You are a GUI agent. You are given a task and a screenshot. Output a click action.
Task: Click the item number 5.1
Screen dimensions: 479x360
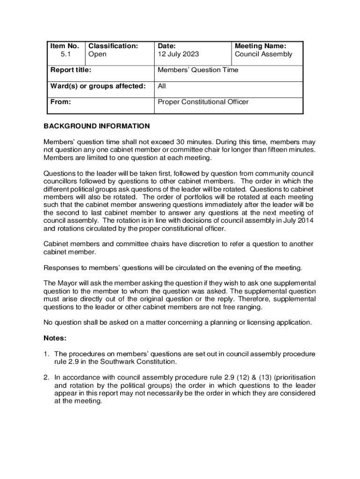point(65,54)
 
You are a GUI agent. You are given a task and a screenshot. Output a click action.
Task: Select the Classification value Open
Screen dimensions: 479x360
point(97,54)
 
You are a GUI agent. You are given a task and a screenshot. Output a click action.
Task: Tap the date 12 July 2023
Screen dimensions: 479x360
point(178,54)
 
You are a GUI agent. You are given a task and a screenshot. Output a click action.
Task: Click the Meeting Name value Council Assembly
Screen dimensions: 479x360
point(263,54)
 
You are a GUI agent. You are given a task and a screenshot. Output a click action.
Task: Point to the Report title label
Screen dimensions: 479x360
point(71,70)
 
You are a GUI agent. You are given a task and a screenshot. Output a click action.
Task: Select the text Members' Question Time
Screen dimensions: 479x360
point(198,70)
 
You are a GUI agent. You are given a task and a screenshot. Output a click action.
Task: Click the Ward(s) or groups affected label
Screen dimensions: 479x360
point(98,86)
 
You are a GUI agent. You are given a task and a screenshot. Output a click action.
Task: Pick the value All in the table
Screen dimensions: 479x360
point(162,86)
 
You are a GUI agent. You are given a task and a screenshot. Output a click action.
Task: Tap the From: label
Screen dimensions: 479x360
point(60,102)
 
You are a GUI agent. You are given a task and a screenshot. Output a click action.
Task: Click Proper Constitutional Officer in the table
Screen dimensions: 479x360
point(203,102)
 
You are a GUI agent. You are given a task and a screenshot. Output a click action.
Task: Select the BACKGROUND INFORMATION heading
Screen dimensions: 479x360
point(97,126)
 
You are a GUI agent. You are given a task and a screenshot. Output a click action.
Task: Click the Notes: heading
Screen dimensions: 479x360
point(55,338)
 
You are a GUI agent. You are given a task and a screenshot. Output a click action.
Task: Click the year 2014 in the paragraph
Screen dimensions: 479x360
point(306,220)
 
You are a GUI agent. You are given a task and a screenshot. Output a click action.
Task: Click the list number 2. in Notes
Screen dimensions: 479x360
point(47,377)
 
